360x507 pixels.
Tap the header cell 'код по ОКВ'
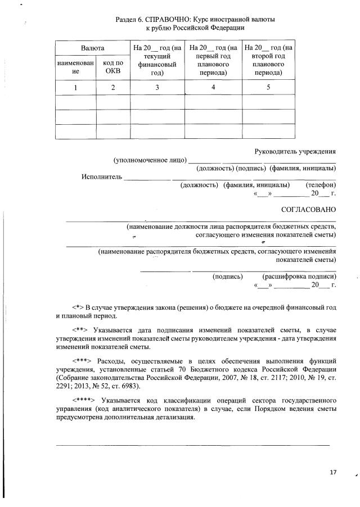coord(112,67)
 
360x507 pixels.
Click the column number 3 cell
coord(157,87)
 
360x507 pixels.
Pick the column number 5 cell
coord(268,87)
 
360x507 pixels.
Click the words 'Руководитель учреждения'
coord(295,151)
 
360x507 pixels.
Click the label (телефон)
coord(320,185)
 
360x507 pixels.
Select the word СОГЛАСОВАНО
coord(308,210)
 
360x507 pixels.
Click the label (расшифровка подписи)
coord(299,277)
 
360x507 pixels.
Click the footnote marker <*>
coord(78,307)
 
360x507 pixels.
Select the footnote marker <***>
coord(82,360)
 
